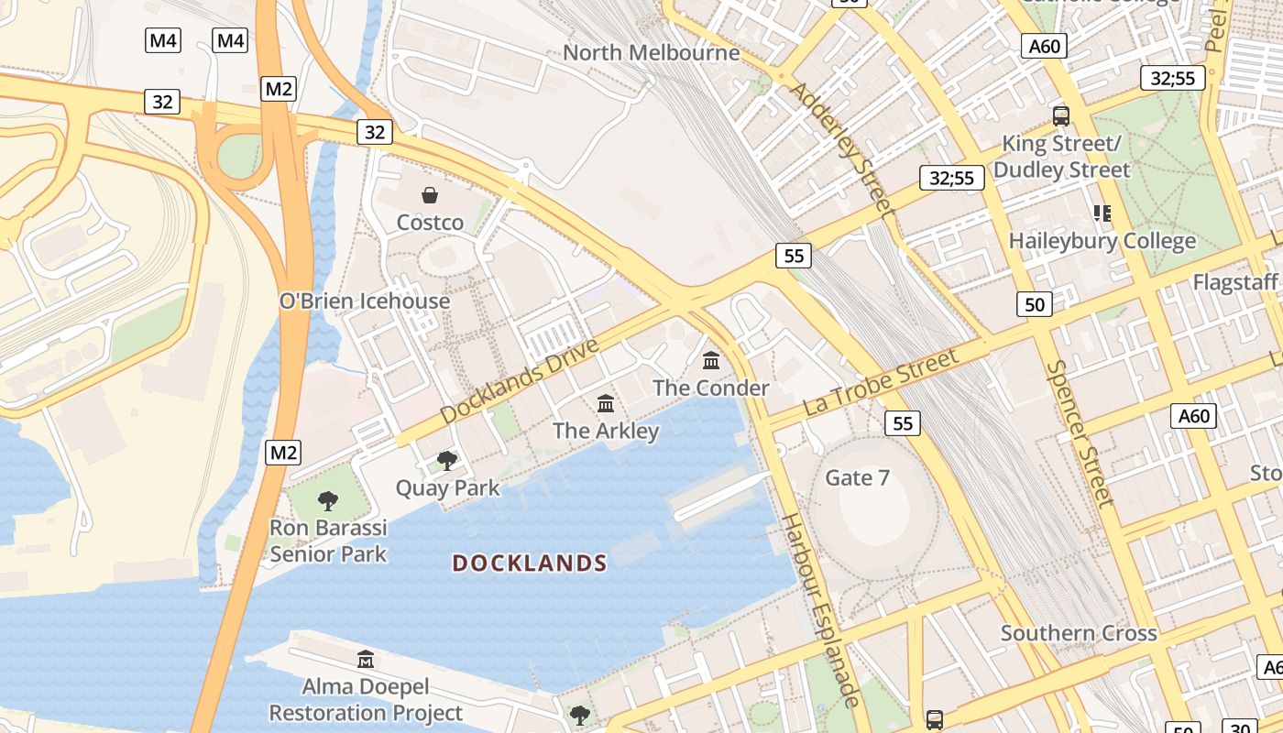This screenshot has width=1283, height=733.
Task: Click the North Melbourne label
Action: coord(651,52)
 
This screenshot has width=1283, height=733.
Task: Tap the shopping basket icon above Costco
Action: coord(429,195)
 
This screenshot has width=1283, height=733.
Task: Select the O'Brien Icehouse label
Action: coord(365,301)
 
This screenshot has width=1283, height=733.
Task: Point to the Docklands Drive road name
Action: coord(519,380)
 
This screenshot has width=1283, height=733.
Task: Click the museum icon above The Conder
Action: coord(711,360)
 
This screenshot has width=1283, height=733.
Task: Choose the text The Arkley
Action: coord(606,431)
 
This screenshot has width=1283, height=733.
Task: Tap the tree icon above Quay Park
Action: coord(447,460)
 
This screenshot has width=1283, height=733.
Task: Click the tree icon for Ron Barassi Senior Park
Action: coord(327,500)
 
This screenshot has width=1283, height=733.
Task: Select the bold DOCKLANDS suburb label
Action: coord(530,563)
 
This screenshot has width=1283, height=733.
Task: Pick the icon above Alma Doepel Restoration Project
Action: coord(366,659)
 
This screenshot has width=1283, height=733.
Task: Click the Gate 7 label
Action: coord(857,477)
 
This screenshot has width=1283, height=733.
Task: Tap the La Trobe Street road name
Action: coord(880,382)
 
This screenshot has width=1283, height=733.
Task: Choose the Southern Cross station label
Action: coord(1079,633)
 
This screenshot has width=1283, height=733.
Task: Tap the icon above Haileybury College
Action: coord(1102,213)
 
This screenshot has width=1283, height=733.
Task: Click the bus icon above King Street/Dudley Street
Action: coord(1060,115)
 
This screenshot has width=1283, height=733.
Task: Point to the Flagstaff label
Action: coord(1234,282)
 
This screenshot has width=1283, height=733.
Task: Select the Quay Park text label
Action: coord(447,487)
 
